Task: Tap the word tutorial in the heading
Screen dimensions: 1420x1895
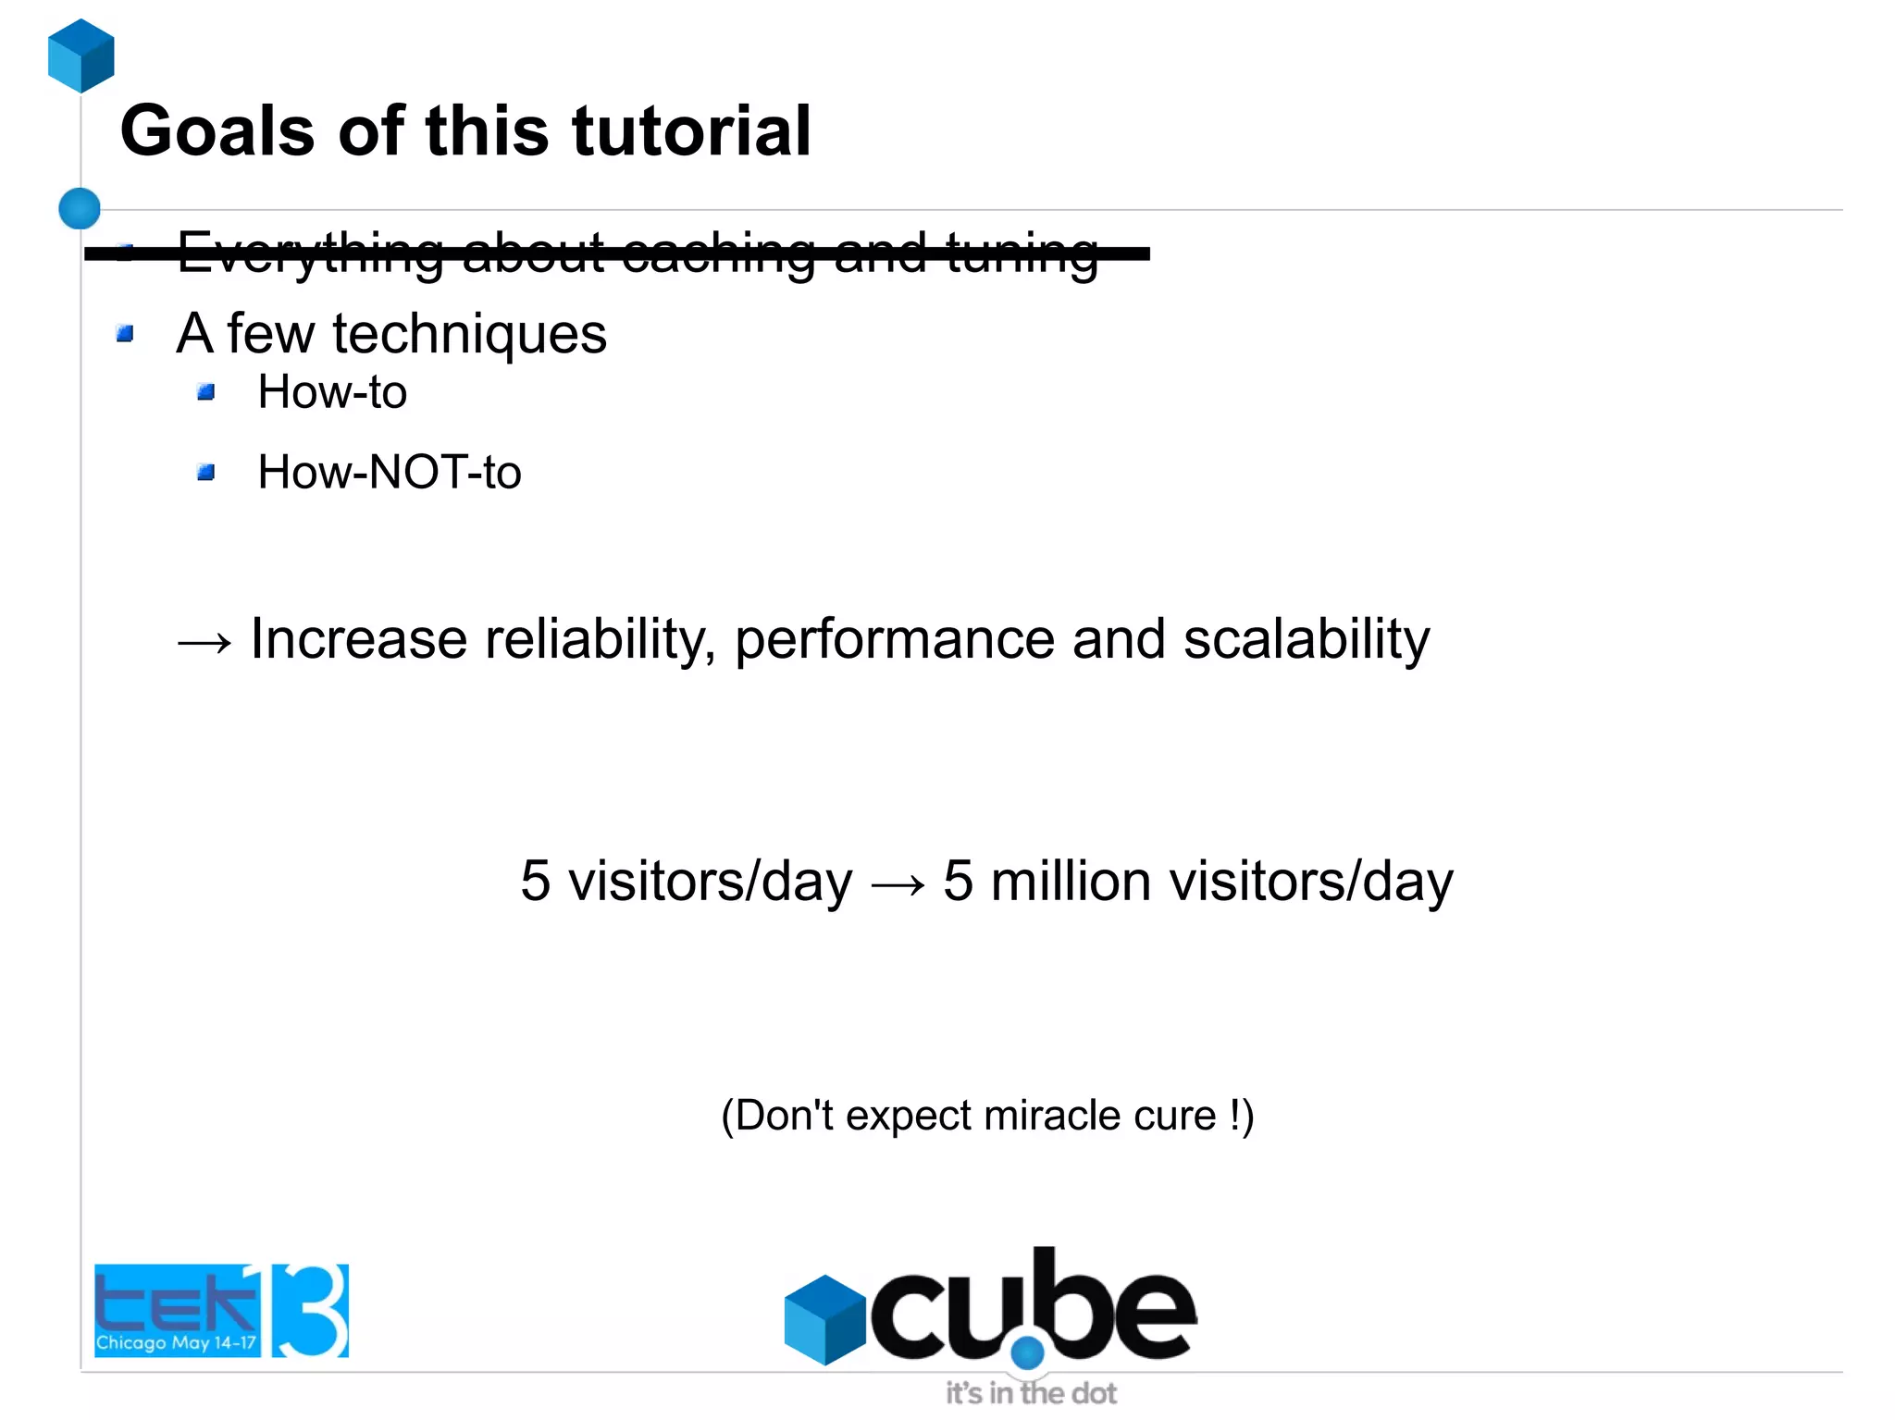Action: point(691,131)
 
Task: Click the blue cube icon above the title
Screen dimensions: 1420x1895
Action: point(81,56)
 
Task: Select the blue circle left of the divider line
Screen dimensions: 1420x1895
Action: point(80,208)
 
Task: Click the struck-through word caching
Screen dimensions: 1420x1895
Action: point(719,252)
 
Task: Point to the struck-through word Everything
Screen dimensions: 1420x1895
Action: point(311,252)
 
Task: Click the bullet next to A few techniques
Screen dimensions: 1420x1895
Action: point(126,333)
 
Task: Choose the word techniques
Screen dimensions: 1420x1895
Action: point(469,333)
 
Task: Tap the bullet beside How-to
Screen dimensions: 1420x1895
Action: point(206,392)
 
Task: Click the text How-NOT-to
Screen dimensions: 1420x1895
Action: point(389,472)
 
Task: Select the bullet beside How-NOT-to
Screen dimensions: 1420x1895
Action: point(206,473)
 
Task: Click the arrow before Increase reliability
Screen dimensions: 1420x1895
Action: point(204,641)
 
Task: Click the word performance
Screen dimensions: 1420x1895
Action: point(894,640)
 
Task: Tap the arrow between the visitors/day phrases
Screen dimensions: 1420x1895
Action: point(898,883)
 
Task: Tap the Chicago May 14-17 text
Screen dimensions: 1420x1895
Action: point(176,1342)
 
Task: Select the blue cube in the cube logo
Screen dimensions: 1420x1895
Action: point(824,1319)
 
